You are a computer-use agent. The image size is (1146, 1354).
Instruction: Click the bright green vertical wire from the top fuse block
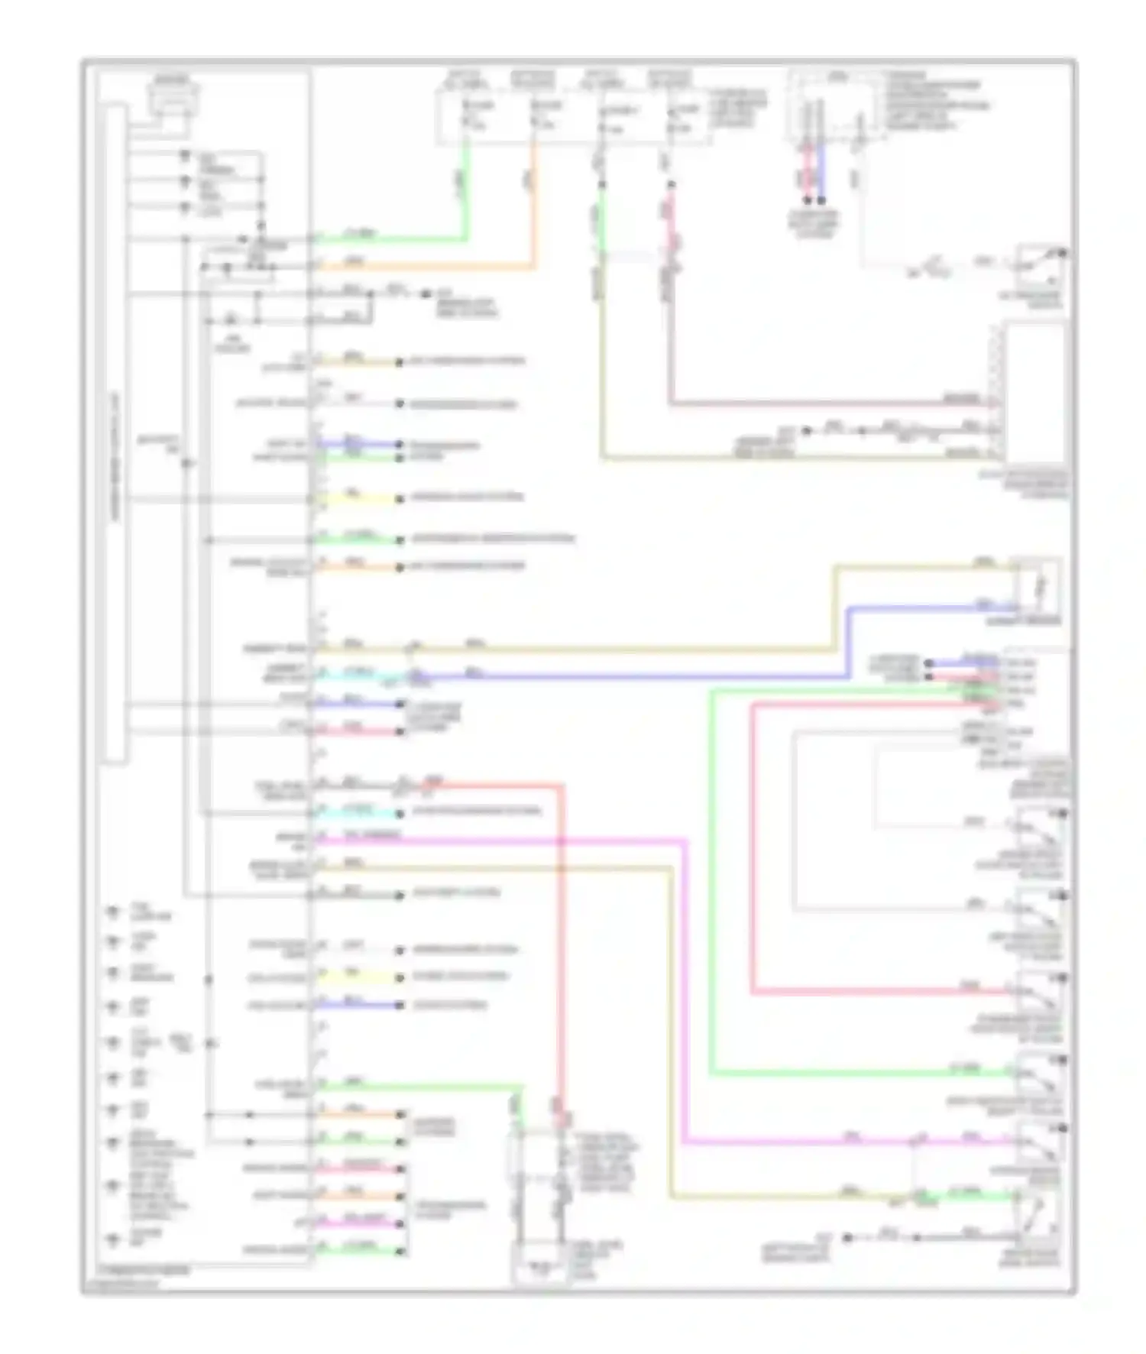(465, 191)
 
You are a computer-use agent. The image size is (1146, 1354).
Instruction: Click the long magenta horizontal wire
(497, 841)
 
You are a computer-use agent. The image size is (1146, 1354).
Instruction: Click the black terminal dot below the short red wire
(807, 201)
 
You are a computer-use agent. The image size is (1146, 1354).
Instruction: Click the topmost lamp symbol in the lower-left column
(114, 911)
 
